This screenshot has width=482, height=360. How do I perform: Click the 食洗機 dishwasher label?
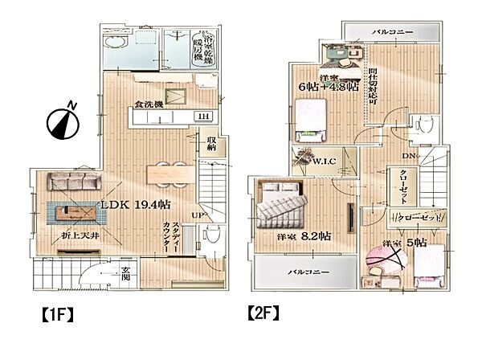point(149,104)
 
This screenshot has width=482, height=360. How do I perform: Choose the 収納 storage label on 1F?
point(211,145)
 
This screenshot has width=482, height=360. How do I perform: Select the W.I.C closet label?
point(325,161)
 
